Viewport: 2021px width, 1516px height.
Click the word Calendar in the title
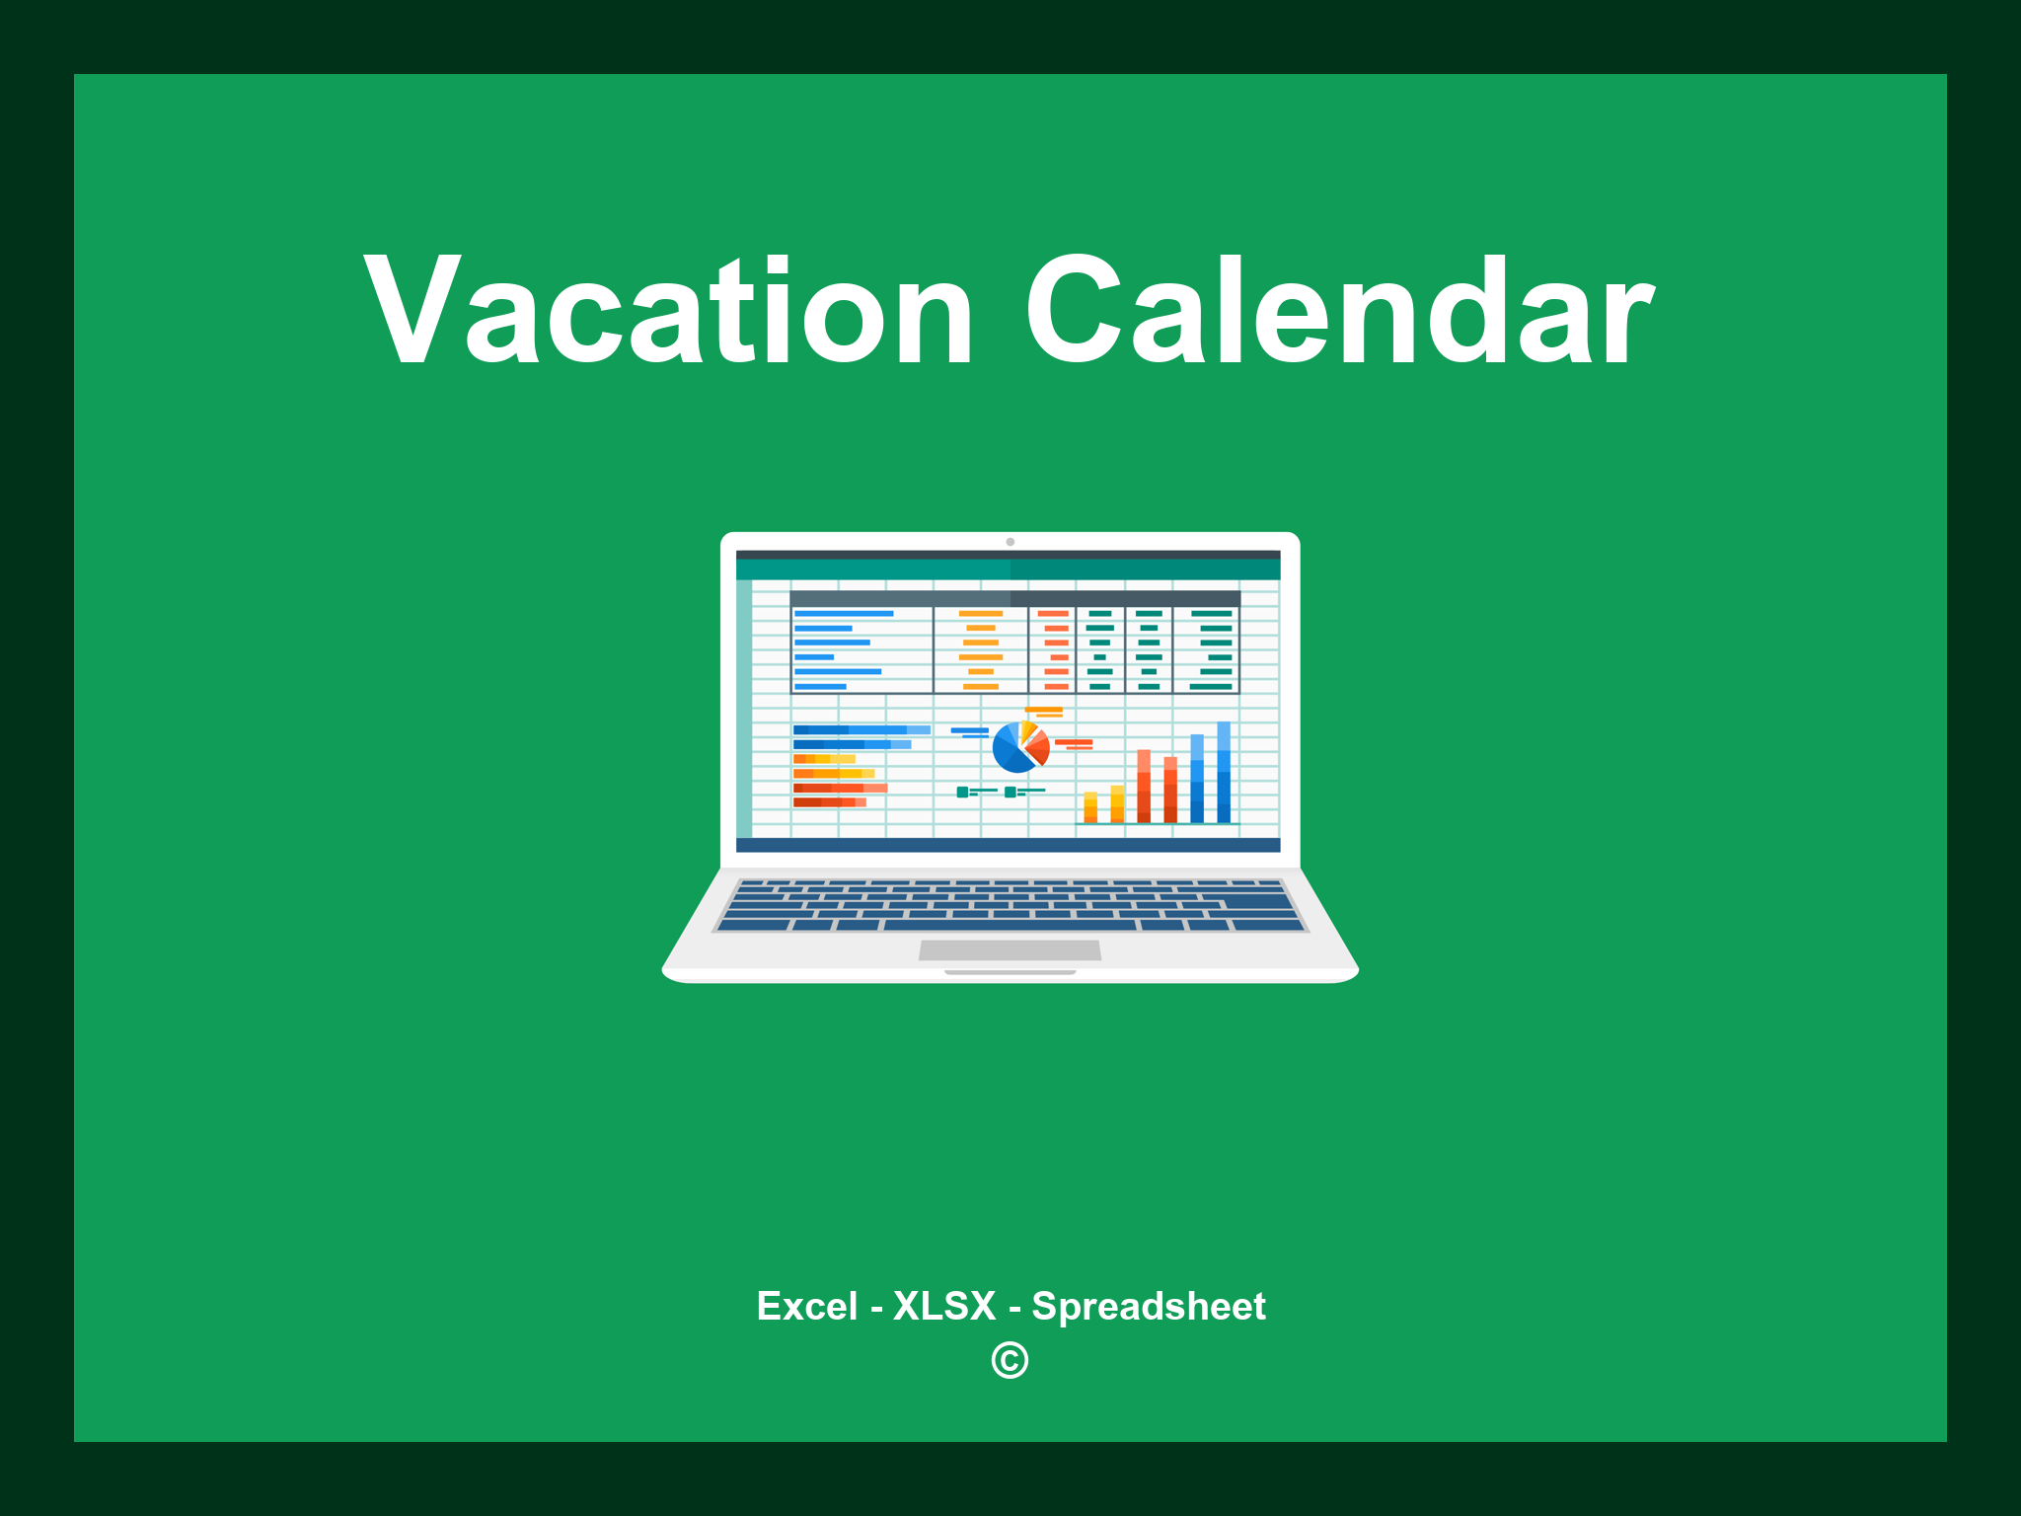pyautogui.click(x=1339, y=312)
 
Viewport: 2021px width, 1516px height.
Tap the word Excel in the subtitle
pyautogui.click(x=806, y=1307)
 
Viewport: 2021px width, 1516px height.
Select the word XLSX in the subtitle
pyautogui.click(x=944, y=1307)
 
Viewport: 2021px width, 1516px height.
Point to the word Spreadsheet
pyautogui.click(x=1148, y=1307)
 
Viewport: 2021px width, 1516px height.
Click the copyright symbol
pyautogui.click(x=1010, y=1361)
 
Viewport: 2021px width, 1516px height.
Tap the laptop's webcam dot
pyautogui.click(x=1010, y=542)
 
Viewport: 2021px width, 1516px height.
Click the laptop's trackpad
pyautogui.click(x=1010, y=949)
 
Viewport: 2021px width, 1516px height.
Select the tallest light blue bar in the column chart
pyautogui.click(x=1224, y=772)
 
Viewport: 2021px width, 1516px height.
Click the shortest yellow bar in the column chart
pyautogui.click(x=1090, y=806)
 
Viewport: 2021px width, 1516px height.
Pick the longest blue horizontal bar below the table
pyautogui.click(x=861, y=729)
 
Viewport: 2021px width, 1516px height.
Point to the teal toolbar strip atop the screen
pyautogui.click(x=1008, y=569)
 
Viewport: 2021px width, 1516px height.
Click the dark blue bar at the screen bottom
pyautogui.click(x=1008, y=845)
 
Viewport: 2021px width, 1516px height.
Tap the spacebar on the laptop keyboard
pyautogui.click(x=1010, y=926)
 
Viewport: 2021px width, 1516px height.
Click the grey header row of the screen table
pyautogui.click(x=1014, y=598)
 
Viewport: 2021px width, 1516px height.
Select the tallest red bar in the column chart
pyautogui.click(x=1144, y=787)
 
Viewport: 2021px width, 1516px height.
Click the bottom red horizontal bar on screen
pyautogui.click(x=829, y=802)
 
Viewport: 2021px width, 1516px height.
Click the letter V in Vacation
pyautogui.click(x=409, y=310)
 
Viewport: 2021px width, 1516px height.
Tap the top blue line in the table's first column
pyautogui.click(x=844, y=614)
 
